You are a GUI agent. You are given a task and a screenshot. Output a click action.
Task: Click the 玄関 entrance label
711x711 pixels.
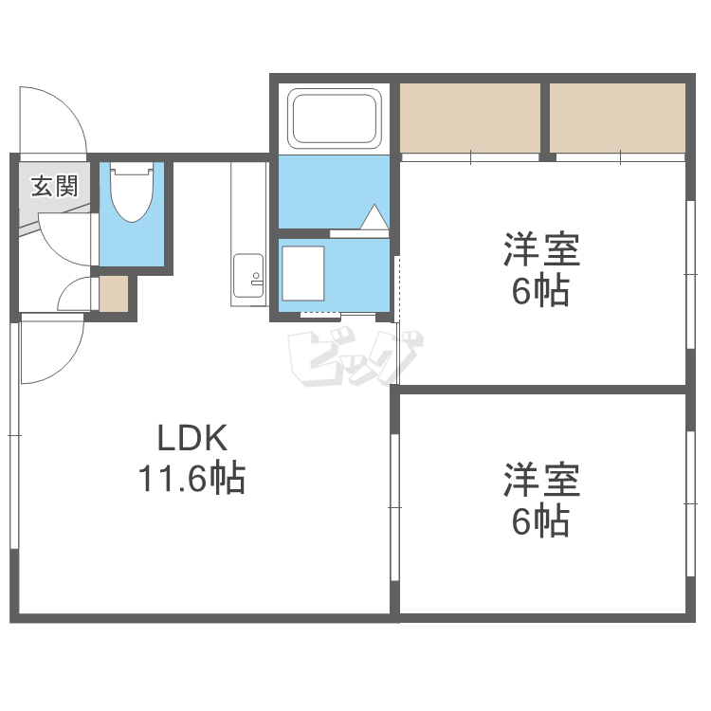coord(54,186)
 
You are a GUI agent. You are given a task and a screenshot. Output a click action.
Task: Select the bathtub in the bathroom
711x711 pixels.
coord(335,118)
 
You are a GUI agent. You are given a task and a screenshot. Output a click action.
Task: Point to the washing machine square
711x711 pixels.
coord(303,273)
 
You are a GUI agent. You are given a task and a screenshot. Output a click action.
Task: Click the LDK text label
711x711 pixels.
coord(192,438)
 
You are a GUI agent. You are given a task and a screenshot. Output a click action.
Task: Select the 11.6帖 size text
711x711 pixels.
coord(191,478)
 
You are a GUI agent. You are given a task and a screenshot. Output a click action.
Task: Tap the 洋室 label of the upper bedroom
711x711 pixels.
coord(542,249)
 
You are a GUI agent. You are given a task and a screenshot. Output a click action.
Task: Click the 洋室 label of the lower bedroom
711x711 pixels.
coord(542,480)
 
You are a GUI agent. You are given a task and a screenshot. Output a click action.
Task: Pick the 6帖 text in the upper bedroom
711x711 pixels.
coord(540,291)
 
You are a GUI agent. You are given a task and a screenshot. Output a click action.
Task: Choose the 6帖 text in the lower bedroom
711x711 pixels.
coord(540,521)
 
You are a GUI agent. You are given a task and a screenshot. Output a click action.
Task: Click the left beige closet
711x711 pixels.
coord(470,118)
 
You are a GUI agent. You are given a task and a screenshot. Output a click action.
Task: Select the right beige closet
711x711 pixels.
coord(617,118)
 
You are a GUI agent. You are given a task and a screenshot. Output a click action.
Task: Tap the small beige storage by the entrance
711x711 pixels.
coord(114,293)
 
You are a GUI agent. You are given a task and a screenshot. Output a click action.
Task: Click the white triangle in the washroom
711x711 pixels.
coord(374,217)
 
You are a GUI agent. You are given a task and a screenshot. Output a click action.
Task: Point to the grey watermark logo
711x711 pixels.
coord(355,358)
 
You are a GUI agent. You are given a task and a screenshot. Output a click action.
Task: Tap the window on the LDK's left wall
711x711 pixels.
coord(14,435)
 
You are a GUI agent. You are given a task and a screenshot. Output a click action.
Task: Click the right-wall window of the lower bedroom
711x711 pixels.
coord(690,503)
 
